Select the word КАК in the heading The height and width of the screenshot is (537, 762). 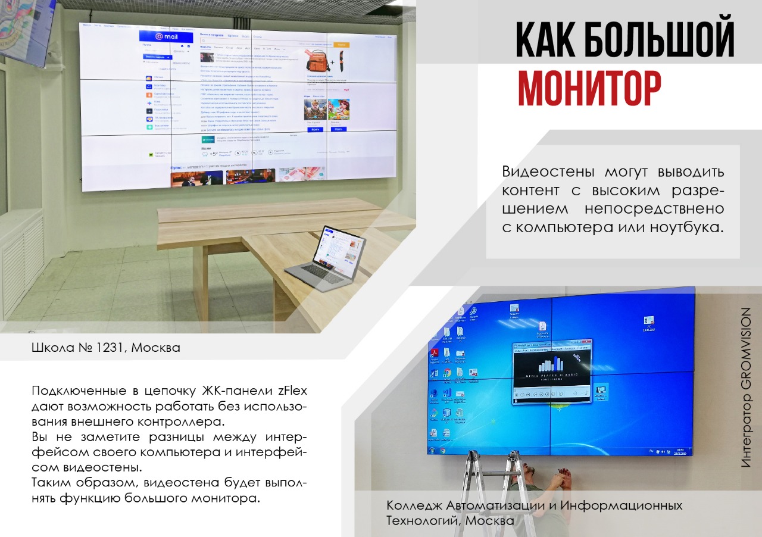pos(542,40)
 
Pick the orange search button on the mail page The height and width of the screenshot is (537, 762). pos(342,45)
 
